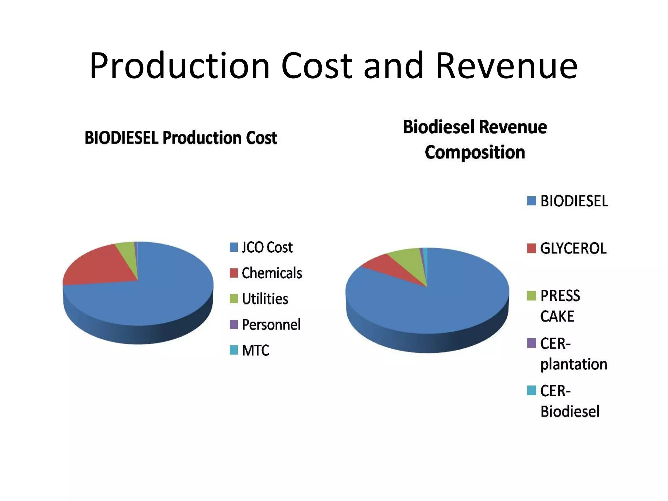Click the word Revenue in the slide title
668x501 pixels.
coord(506,66)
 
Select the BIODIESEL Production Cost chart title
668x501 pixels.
coord(181,138)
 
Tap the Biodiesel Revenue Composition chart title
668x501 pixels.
coord(475,140)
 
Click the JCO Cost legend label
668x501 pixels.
coord(267,247)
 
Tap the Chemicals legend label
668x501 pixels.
coord(272,273)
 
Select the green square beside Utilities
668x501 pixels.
coord(234,298)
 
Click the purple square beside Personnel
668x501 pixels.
coord(234,324)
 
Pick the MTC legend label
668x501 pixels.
coord(255,350)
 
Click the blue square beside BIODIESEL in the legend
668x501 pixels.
coord(531,201)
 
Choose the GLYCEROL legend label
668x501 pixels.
coord(573,249)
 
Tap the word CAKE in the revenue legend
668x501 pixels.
coord(557,316)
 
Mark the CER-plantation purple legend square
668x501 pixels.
coord(531,343)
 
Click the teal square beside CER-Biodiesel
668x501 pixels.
coord(531,390)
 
